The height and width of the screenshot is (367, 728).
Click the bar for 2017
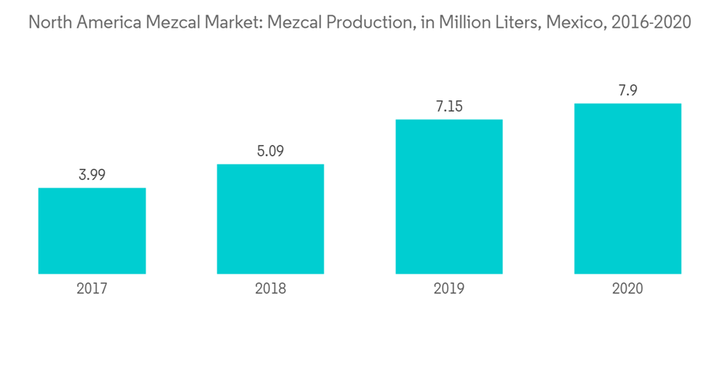coord(92,231)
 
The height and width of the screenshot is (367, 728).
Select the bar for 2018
coord(270,218)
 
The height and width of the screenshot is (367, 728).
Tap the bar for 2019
coord(448,197)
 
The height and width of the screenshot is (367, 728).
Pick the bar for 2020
coord(628,189)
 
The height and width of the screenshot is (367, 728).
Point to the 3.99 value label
coord(92,175)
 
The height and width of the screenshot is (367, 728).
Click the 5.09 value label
coord(270,151)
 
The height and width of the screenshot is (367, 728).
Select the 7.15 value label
coord(448,106)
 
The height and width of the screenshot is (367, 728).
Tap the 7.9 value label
coord(628,90)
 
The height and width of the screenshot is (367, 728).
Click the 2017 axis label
coord(92,288)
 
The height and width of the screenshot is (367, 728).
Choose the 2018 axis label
coord(270,288)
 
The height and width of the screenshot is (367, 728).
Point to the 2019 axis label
coord(448,288)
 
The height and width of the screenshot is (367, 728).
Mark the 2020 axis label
coord(628,288)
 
